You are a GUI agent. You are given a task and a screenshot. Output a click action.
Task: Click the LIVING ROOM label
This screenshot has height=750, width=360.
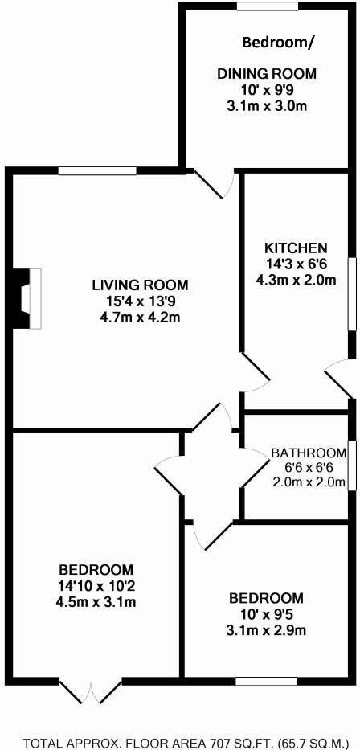(140, 285)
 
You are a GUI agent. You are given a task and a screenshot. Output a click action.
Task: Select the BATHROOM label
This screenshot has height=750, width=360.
(308, 452)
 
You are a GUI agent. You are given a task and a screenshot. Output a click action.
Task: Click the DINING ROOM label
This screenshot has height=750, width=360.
(267, 74)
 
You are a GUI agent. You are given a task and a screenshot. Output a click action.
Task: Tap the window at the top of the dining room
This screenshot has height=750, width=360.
(267, 7)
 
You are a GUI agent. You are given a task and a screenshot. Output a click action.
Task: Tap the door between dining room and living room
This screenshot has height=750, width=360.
(216, 184)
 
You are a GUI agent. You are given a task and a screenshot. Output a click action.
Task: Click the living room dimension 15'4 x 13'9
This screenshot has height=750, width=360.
(140, 301)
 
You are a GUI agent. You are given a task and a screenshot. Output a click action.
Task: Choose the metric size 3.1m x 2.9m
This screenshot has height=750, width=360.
(267, 630)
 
